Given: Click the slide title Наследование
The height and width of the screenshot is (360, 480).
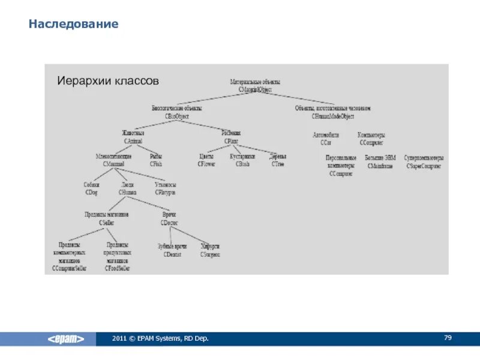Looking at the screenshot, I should click(x=74, y=25).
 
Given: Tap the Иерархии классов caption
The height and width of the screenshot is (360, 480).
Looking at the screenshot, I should click(x=107, y=80).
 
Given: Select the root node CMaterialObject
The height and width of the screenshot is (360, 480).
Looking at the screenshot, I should click(x=255, y=85).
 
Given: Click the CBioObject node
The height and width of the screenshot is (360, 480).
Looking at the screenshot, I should click(x=176, y=112).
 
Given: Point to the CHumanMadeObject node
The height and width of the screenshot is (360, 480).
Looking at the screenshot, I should click(x=333, y=112).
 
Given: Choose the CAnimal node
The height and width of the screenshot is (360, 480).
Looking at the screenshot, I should click(x=133, y=137).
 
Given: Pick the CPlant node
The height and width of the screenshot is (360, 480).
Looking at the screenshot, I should click(x=231, y=137).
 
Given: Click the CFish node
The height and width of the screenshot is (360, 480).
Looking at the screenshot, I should click(x=156, y=160).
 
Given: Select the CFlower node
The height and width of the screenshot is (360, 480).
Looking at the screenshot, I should click(x=206, y=160).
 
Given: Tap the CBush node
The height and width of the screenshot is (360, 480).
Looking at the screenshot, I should click(x=242, y=160).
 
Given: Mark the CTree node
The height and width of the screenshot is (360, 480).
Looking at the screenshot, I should click(x=278, y=160).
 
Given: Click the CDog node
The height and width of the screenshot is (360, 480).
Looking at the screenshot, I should click(x=92, y=189).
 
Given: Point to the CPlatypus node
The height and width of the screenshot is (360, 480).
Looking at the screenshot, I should click(x=165, y=189).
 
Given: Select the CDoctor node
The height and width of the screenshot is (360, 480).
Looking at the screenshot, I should click(x=169, y=218).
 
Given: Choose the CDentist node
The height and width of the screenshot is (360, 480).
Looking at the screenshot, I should click(x=173, y=251).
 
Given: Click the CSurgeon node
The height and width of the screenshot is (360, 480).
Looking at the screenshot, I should click(x=210, y=251).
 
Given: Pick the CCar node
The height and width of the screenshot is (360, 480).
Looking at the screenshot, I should click(x=326, y=139).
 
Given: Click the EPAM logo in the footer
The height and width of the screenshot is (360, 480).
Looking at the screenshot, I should click(x=66, y=339).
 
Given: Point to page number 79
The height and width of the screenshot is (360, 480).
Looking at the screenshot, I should click(x=448, y=338).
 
